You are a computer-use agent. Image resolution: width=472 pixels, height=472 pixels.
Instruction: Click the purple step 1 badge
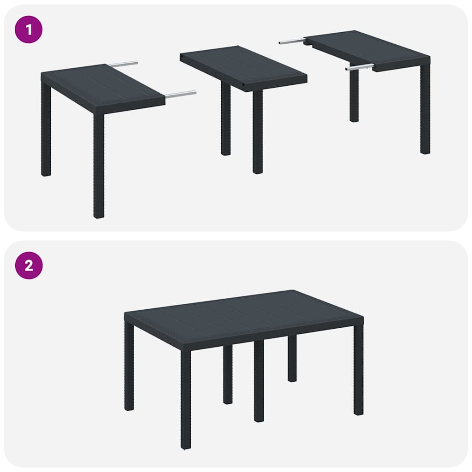coord(29,29)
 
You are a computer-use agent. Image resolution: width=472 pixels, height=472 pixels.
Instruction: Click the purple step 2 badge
coord(29,265)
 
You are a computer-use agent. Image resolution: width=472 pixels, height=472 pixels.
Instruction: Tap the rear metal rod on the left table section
coord(124,64)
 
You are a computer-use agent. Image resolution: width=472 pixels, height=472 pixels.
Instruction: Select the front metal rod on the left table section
coord(181,94)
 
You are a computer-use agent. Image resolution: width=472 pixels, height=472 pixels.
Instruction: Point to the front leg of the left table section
coord(99,166)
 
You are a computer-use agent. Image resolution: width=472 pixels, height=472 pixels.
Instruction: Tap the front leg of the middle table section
coord(258,132)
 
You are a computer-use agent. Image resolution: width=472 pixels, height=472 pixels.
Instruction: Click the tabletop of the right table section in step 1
coord(369,48)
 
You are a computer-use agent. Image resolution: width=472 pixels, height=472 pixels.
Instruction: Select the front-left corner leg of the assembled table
coord(186,399)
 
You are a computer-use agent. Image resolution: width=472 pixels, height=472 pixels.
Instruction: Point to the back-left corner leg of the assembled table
coord(129,367)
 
